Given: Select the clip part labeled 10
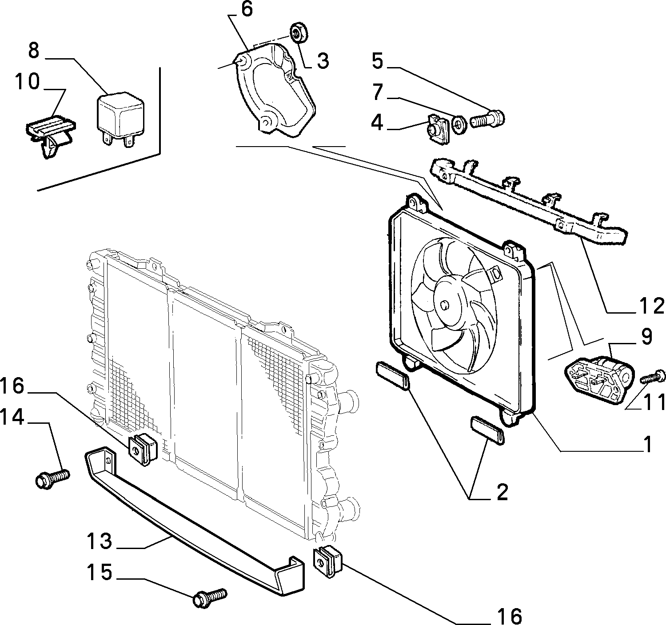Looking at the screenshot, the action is tap(50, 135).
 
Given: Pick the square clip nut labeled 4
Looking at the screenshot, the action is tap(438, 129).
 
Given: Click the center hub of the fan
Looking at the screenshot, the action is tap(445, 304).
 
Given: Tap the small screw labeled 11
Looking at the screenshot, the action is tap(653, 377).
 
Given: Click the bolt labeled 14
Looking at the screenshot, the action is tap(52, 479).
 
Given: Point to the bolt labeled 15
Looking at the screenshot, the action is tap(210, 598).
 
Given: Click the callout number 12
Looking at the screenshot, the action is tap(651, 306).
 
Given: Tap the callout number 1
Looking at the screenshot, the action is tap(647, 445).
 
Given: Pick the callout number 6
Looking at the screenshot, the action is tap(247, 10).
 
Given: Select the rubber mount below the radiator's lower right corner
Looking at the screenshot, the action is tap(327, 563).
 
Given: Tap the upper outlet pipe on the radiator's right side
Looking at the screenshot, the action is tap(349, 402).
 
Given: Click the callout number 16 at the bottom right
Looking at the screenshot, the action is tap(510, 616).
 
